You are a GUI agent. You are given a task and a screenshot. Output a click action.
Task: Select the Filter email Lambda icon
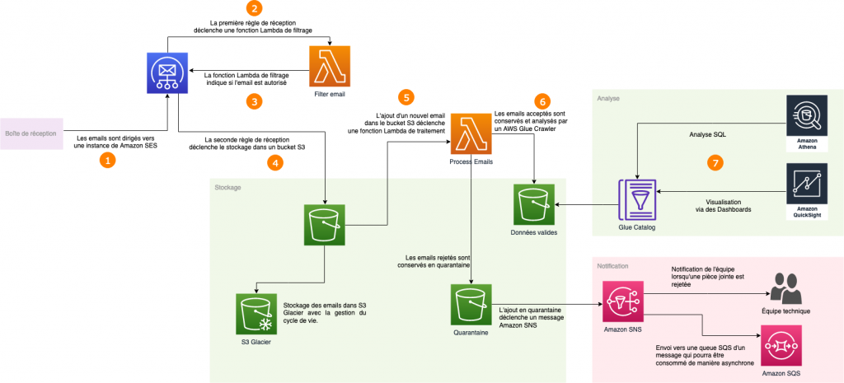click(x=330, y=67)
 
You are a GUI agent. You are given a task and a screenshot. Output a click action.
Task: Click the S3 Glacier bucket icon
click(x=256, y=314)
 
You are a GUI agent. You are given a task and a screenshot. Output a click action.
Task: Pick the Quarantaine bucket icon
click(x=471, y=305)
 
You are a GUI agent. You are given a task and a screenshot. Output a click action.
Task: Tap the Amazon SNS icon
click(x=623, y=304)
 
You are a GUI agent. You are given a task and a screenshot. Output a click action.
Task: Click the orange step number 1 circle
click(x=106, y=161)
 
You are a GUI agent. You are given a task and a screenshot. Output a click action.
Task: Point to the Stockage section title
click(x=228, y=188)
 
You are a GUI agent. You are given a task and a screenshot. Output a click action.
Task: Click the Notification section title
click(x=613, y=266)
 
